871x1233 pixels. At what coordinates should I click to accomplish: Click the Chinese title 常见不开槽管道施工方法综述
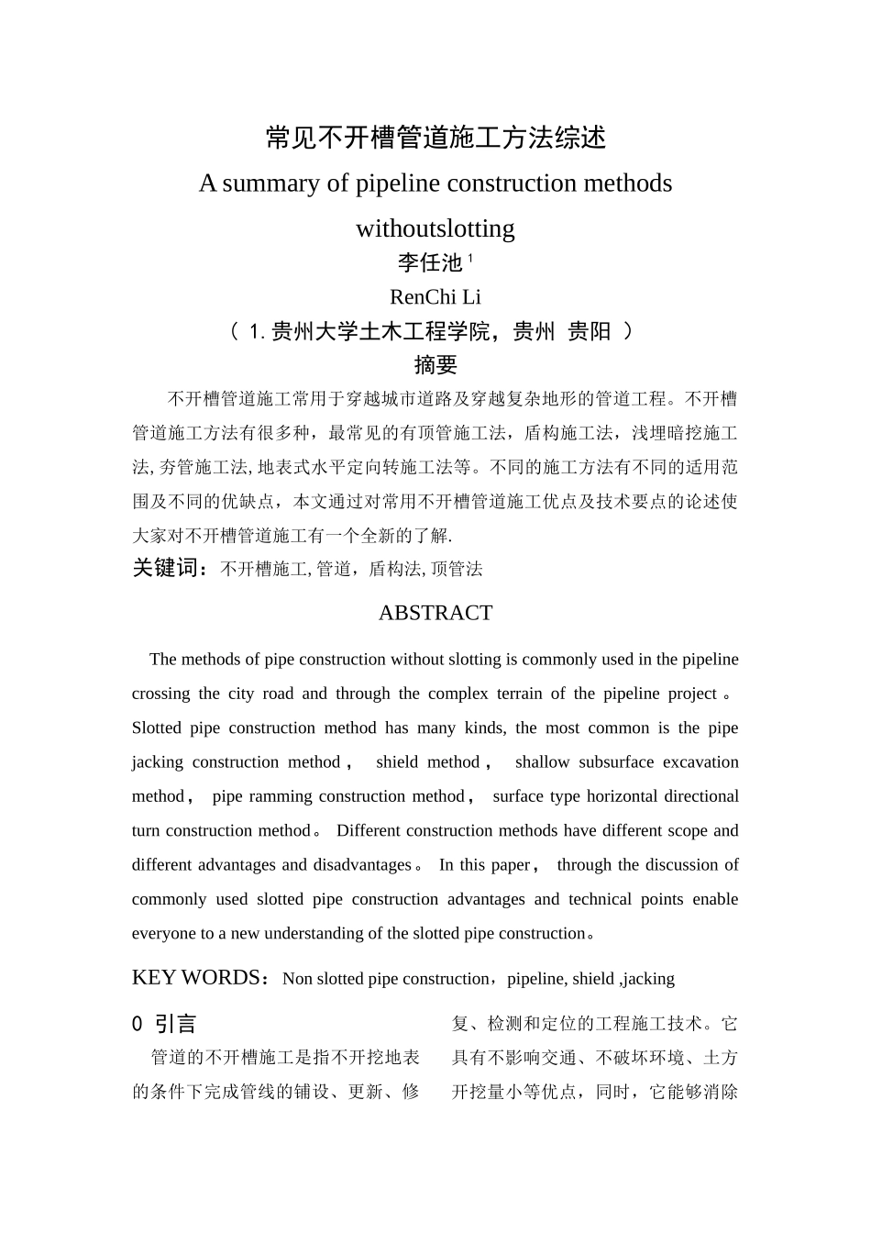[x=435, y=138]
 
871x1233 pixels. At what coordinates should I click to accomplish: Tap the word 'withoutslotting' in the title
[x=435, y=228]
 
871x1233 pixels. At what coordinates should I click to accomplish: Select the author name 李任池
[x=429, y=263]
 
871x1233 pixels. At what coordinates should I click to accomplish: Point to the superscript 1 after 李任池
[x=470, y=259]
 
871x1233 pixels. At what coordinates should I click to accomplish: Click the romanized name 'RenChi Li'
[x=435, y=297]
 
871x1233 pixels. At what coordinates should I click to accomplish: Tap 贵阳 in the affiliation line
[x=589, y=331]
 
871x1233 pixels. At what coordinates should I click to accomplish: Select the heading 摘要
[x=435, y=365]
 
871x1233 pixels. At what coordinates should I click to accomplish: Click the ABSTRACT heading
[x=435, y=613]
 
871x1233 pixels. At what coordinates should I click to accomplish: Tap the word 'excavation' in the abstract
[x=700, y=762]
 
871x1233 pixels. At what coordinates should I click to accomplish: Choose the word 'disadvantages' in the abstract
[x=362, y=865]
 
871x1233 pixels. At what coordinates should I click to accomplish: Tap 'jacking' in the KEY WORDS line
[x=649, y=979]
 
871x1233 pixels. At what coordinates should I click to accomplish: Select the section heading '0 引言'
[x=165, y=1024]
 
